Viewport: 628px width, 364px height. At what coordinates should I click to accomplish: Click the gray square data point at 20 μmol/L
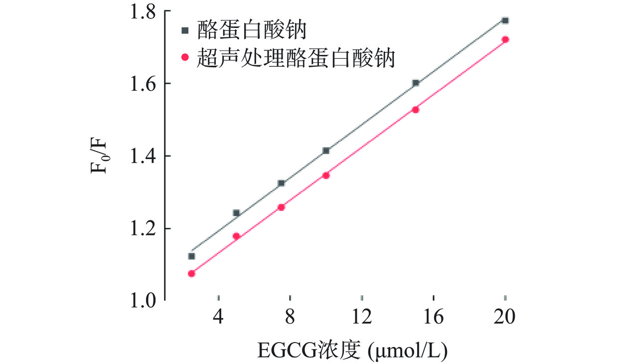point(505,20)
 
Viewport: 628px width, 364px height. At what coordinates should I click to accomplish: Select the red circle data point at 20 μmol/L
point(505,39)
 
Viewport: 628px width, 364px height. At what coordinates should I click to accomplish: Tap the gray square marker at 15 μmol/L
point(416,83)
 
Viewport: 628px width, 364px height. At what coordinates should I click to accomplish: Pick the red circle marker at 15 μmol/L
point(416,109)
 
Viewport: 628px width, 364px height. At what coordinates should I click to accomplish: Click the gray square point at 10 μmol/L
point(326,150)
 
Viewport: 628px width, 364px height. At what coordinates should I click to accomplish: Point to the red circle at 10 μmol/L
point(326,175)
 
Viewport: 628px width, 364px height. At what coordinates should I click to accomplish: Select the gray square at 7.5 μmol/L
point(281,183)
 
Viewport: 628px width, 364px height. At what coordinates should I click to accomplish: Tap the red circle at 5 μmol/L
point(236,236)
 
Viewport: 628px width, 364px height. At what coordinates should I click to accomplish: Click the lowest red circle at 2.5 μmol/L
point(191,273)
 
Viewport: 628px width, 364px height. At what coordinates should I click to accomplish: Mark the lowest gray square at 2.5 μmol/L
point(191,256)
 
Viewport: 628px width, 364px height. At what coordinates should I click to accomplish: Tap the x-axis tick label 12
point(362,318)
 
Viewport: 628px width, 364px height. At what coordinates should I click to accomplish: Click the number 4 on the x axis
point(218,318)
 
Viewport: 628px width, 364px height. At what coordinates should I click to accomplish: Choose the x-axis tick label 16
point(433,318)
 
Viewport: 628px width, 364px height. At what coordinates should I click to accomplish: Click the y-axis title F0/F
point(98,156)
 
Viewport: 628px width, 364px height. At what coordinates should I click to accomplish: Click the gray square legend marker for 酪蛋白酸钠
point(185,30)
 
